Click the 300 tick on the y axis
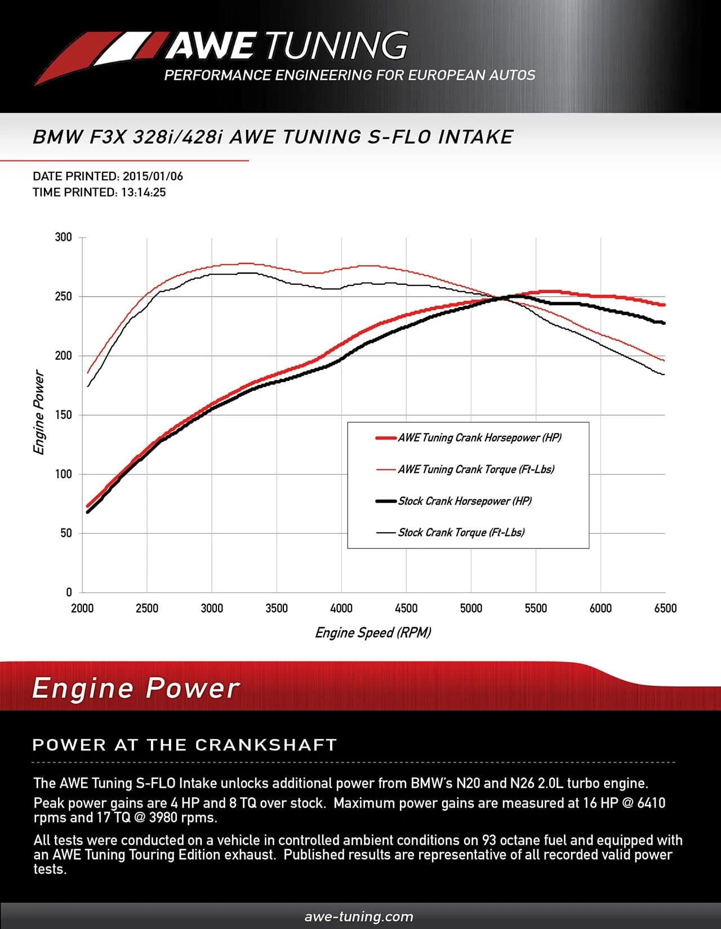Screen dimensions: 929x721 64,237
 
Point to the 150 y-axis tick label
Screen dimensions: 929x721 64,415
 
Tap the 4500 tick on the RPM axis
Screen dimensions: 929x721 406,608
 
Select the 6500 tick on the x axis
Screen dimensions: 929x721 665,608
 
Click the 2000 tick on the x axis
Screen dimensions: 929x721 82,608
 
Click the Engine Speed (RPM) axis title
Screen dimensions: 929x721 373,632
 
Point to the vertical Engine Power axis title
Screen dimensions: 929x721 38,412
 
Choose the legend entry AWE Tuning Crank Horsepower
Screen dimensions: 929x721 479,437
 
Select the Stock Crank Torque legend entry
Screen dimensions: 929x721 461,532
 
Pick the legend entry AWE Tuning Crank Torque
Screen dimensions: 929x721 476,469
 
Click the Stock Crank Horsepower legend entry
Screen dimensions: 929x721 465,501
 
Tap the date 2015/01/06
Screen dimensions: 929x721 153,176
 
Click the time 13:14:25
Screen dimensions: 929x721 143,192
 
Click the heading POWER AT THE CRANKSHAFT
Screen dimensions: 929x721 184,745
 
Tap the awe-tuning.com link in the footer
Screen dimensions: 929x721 359,917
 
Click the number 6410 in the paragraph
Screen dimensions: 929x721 651,803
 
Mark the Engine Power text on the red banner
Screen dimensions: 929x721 136,688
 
